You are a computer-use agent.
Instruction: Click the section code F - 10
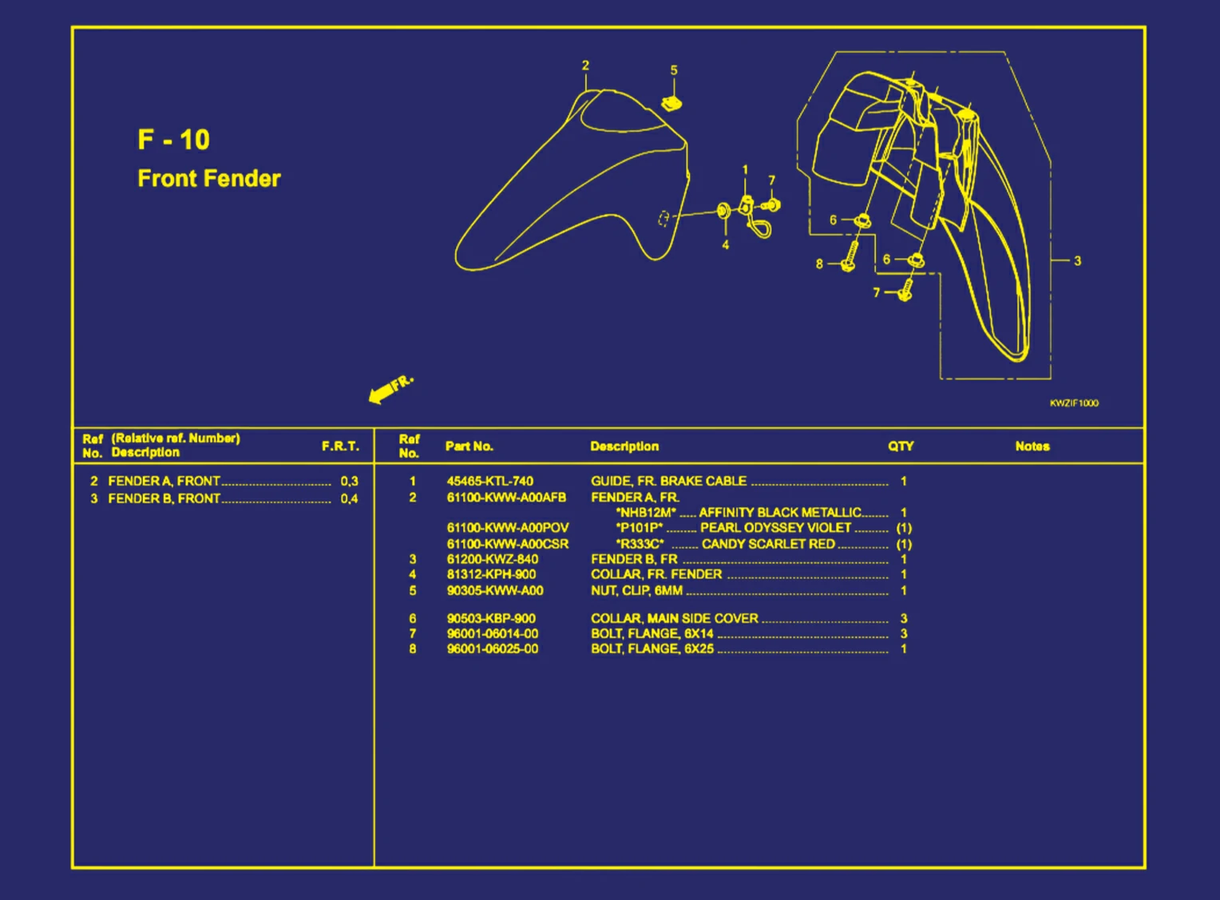173,140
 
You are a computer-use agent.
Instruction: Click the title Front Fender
209,178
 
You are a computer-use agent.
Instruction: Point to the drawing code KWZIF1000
1074,403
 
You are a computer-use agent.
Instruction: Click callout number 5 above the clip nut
674,70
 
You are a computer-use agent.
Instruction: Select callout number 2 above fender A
585,65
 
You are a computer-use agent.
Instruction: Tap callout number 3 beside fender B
1077,260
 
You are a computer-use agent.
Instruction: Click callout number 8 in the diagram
819,264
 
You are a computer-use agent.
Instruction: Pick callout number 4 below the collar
725,245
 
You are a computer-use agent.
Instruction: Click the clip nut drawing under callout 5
671,102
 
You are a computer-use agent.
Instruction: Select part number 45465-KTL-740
489,481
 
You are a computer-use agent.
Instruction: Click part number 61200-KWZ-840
492,559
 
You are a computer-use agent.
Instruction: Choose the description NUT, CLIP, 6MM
636,591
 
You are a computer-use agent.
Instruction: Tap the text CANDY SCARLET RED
768,544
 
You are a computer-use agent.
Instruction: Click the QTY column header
901,446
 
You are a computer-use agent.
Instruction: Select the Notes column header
1032,446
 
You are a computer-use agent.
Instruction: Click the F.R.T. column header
340,446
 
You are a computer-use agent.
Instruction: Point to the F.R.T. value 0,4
349,499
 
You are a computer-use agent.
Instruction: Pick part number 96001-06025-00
492,648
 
